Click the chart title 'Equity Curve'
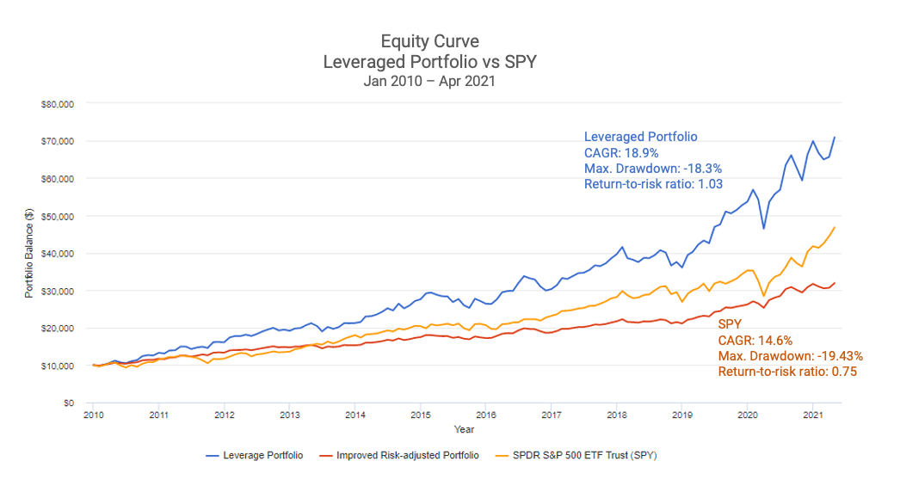coord(430,41)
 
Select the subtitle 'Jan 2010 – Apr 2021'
coord(430,82)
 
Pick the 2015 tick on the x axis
coord(420,415)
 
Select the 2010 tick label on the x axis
coord(93,415)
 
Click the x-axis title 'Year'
coord(465,428)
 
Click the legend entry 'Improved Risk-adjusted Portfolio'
coord(404,455)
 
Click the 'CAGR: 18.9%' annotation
coord(620,152)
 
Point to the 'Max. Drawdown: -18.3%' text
coord(652,168)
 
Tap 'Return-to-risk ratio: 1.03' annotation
coord(653,183)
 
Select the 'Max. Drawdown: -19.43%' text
coord(790,356)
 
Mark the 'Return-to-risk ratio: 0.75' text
coord(787,372)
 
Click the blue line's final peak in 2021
coord(834,138)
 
